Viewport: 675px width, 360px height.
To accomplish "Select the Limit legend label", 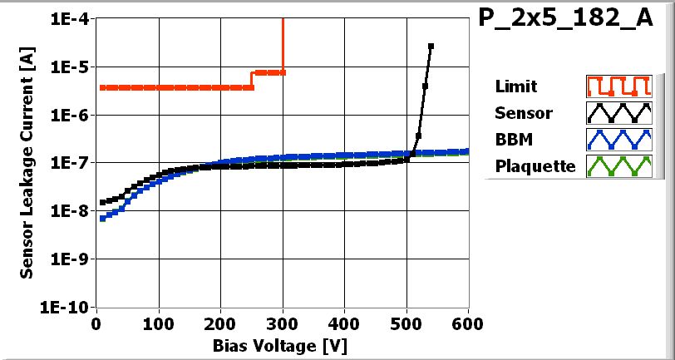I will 515,86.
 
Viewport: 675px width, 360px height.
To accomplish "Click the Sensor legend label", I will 522,112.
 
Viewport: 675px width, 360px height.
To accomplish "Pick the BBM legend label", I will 511,139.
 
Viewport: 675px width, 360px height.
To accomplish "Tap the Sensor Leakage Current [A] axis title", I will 27,163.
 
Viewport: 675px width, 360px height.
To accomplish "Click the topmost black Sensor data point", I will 431,46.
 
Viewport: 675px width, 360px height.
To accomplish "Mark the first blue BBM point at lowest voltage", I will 102,219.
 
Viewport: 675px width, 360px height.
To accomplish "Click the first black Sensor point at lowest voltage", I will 102,202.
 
